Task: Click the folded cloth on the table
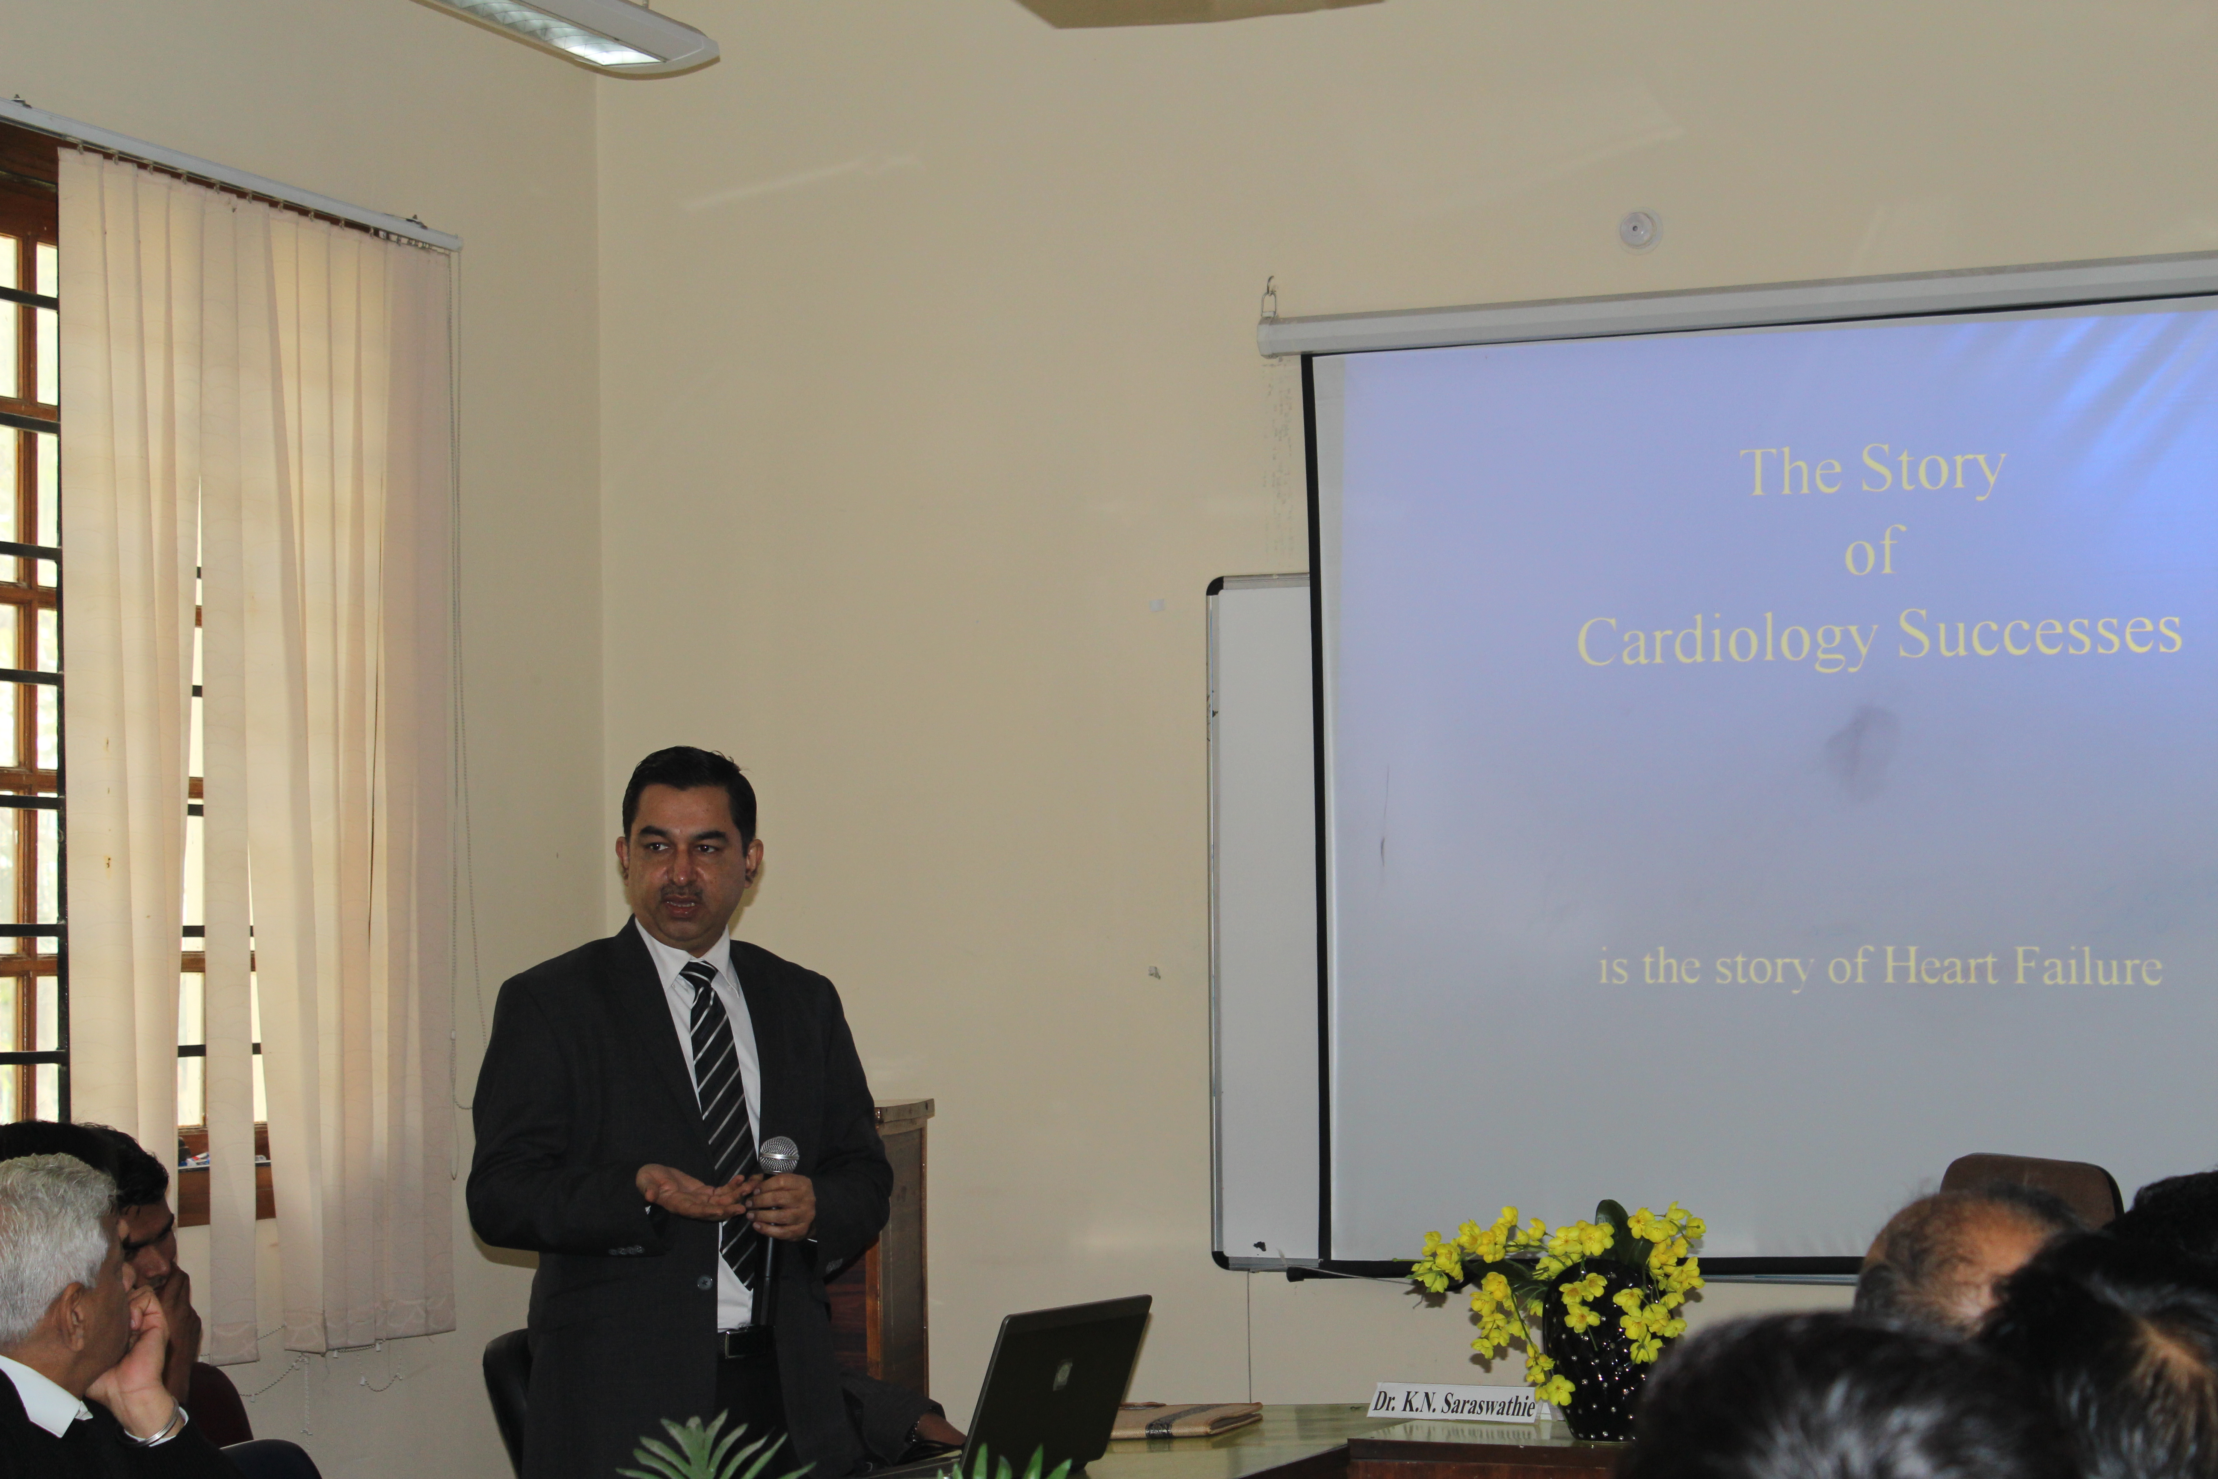coord(1186,1418)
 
